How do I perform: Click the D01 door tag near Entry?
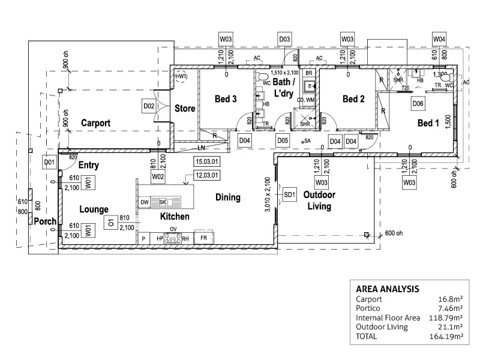tap(49, 162)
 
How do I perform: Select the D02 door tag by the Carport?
tap(149, 107)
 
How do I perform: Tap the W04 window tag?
tap(440, 40)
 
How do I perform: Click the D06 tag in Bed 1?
tap(418, 104)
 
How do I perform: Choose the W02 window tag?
tap(158, 177)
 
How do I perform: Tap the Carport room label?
tap(95, 123)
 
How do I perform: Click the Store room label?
tap(185, 109)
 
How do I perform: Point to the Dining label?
tap(227, 197)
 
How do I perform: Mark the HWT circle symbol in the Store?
tap(181, 77)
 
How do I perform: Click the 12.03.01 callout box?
tap(206, 175)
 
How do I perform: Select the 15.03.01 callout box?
tap(206, 161)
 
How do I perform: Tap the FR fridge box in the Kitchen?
tap(204, 238)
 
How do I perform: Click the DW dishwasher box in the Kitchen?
tap(145, 203)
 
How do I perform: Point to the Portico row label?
tap(368, 308)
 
